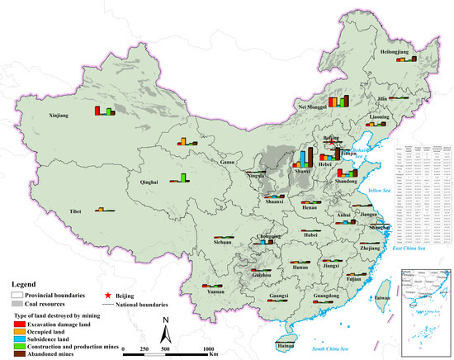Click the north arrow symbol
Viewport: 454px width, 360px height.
[x=165, y=332]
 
